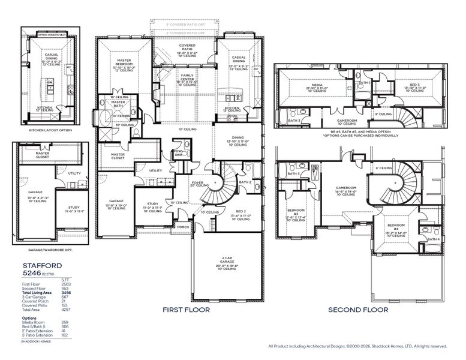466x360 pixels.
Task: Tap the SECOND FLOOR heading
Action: pos(357,310)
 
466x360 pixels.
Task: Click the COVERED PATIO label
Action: pos(187,47)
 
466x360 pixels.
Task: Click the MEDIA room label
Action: pos(317,85)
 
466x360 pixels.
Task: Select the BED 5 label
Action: pos(415,85)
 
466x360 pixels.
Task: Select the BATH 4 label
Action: pos(433,239)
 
